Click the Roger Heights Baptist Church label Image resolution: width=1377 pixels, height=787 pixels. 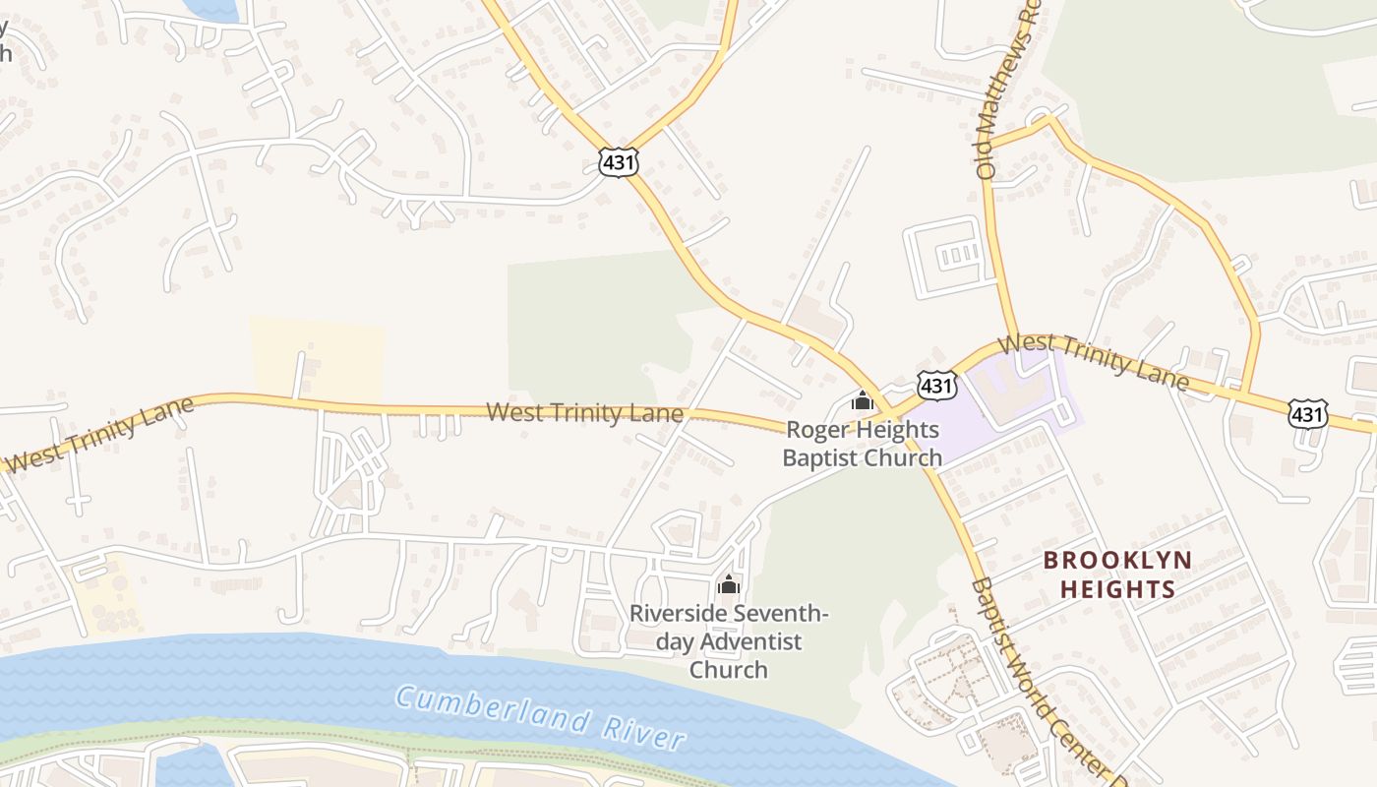click(x=862, y=444)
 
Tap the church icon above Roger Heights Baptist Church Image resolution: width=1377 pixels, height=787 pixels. click(x=863, y=400)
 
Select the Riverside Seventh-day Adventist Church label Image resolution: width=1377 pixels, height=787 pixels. click(x=728, y=641)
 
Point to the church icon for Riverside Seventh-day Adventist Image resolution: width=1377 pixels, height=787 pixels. click(x=728, y=584)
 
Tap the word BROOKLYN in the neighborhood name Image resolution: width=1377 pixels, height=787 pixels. click(x=1117, y=561)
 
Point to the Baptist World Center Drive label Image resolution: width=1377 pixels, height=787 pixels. click(x=1045, y=679)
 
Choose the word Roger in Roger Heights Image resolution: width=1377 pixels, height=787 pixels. click(x=815, y=431)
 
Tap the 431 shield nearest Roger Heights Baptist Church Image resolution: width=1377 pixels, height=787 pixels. click(x=936, y=386)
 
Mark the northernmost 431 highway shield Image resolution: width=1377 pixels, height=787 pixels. click(x=619, y=162)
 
